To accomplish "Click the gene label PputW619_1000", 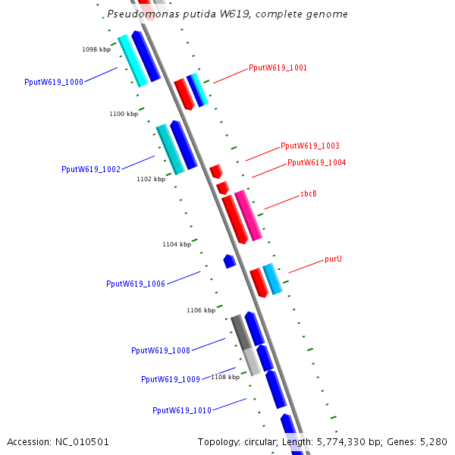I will tap(54, 82).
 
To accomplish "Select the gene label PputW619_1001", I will tap(278, 68).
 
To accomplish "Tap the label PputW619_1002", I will tap(91, 170).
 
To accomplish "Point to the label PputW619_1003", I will tap(310, 146).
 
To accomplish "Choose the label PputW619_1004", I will tap(316, 163).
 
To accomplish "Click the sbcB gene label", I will tap(309, 194).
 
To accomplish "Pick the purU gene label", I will tap(333, 259).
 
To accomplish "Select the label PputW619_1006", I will tap(136, 284).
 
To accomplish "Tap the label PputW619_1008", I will tap(161, 351).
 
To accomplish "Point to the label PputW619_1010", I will tap(182, 411).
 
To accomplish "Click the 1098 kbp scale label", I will tap(96, 50).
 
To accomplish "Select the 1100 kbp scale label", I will tap(124, 115).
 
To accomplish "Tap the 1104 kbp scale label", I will tap(177, 245).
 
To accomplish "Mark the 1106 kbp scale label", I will tap(201, 311).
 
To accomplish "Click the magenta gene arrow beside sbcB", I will tap(248, 215).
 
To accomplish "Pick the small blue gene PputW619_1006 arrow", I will tap(229, 261).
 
